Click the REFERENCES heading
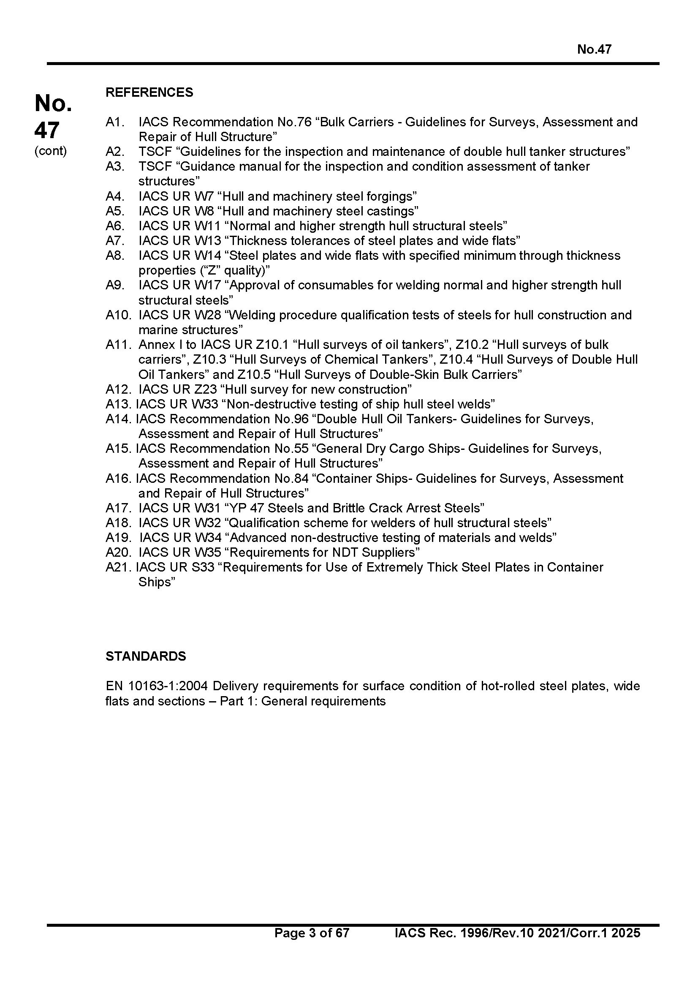pos(149,93)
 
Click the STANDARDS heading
pos(146,656)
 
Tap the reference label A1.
pos(114,122)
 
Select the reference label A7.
pos(115,240)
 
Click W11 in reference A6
pos(207,226)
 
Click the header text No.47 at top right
pos(594,49)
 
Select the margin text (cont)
pos(50,151)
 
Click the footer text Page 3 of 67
pos(312,944)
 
